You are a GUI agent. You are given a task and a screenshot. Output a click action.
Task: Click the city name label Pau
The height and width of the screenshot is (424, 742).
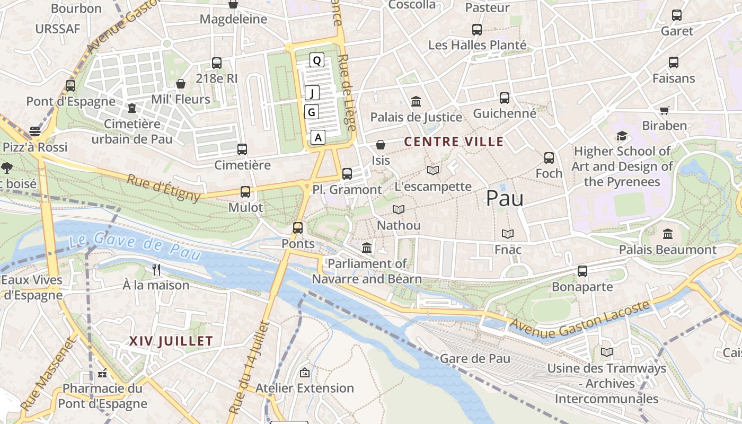(x=505, y=198)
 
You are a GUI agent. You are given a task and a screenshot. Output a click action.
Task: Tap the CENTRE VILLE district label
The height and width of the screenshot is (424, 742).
(x=454, y=142)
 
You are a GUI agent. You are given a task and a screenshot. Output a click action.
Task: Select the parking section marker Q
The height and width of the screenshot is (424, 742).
(x=316, y=60)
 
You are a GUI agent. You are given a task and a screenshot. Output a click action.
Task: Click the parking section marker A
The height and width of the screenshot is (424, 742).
(x=317, y=137)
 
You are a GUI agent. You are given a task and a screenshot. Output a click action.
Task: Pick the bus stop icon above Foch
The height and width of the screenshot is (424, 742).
(x=549, y=157)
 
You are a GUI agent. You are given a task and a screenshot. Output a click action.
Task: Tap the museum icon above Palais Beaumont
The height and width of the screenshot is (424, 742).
(x=667, y=233)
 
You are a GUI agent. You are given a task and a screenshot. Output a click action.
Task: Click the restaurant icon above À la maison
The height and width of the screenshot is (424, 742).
(x=156, y=269)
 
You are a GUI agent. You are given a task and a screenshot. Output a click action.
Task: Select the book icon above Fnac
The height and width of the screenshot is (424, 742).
(x=507, y=234)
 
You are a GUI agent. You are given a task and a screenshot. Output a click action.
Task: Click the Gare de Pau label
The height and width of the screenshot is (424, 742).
(x=475, y=358)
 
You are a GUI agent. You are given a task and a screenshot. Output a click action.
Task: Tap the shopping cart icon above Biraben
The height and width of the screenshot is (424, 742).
(x=664, y=110)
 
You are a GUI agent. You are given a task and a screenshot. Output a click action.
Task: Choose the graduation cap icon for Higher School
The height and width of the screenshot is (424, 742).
(x=622, y=136)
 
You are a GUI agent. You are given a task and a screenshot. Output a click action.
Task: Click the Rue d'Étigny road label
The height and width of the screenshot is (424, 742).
(x=164, y=188)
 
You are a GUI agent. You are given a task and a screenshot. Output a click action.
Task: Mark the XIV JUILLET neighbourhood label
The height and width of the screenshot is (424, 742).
(x=171, y=341)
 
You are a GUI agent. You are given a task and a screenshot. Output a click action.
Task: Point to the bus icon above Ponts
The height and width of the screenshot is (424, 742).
(x=298, y=228)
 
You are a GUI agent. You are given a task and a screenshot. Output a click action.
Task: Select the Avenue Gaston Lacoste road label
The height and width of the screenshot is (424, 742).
(x=580, y=321)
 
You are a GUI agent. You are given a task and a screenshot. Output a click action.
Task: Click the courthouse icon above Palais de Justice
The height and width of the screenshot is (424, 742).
(x=416, y=101)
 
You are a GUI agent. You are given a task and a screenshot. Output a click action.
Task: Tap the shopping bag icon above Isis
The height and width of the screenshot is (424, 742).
(x=380, y=145)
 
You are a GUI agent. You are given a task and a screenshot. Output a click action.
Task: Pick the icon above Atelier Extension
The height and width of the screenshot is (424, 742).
(x=304, y=373)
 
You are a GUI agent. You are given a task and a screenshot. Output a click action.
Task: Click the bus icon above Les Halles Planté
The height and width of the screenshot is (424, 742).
(x=477, y=30)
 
